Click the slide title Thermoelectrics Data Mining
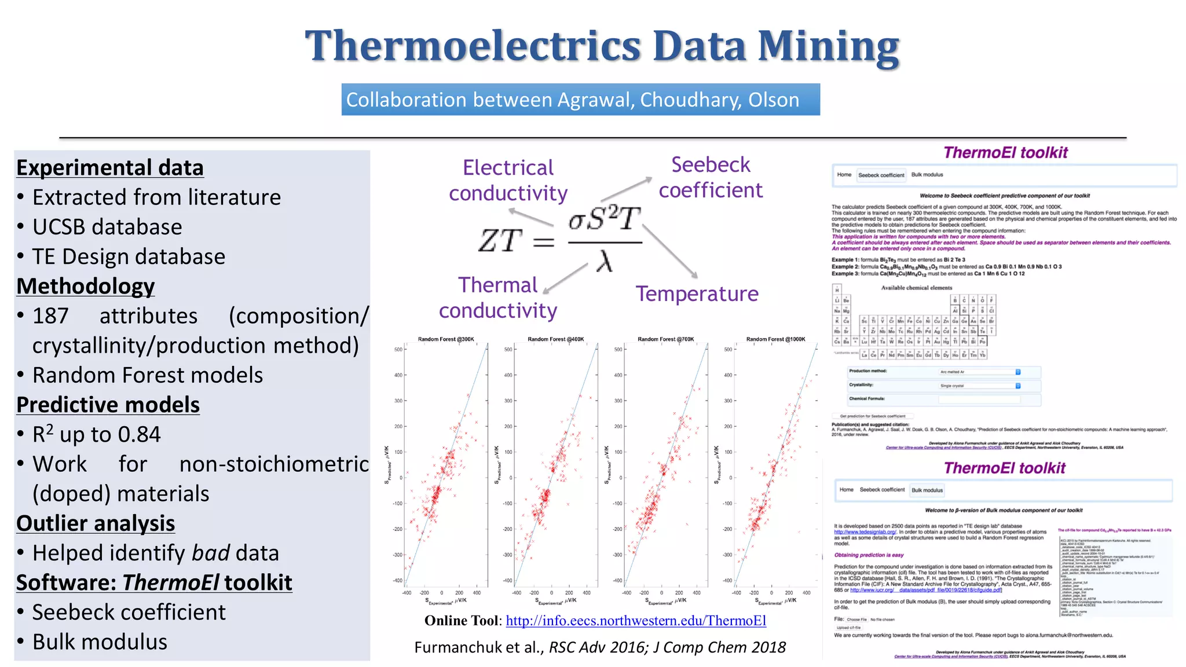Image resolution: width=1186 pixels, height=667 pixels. coord(602,46)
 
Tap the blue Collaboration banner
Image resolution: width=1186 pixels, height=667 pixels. coord(580,100)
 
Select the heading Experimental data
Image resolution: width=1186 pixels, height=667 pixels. coord(110,167)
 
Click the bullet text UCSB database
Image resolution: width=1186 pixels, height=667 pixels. coord(107,227)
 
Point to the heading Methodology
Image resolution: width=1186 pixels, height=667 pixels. coord(86,286)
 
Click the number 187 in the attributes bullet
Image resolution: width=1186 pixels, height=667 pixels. coord(50,316)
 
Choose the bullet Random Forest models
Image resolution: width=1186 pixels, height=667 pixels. coord(148,375)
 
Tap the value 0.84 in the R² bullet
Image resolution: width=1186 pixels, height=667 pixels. coord(139,435)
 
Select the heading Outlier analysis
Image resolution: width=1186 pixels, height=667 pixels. coord(96,523)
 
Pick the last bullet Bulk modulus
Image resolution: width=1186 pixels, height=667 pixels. coord(100,642)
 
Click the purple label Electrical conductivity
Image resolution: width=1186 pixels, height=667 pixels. coord(508,180)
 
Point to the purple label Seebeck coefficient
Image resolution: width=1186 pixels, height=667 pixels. coord(711,177)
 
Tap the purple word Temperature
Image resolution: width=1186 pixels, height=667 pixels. coord(697,294)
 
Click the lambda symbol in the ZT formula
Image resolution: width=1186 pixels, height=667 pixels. coord(605,262)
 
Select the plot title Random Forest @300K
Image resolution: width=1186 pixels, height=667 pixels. coord(445,339)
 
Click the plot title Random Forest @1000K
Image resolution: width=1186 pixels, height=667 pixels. coord(775,339)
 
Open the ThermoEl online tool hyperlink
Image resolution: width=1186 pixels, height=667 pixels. coord(636,621)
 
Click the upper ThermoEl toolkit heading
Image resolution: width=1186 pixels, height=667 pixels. coord(1005,153)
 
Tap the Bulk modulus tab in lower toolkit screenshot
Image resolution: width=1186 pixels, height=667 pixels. coord(927,490)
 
